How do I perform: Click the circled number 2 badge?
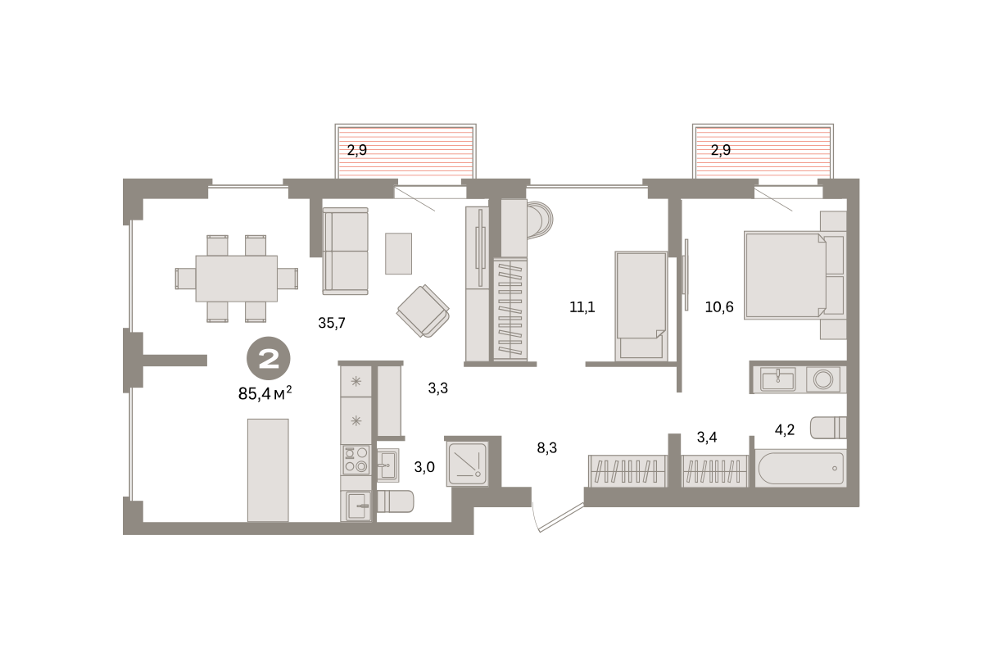click(x=269, y=358)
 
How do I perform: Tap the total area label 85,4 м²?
click(x=265, y=393)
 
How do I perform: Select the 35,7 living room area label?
click(x=332, y=323)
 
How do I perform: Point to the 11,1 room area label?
click(x=582, y=306)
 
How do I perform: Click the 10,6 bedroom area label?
click(x=719, y=306)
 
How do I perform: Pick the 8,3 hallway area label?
click(x=547, y=447)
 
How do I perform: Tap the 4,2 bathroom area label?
click(x=785, y=429)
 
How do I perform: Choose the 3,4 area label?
click(x=707, y=438)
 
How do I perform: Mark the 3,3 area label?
click(x=438, y=388)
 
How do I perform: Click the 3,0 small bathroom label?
click(x=424, y=467)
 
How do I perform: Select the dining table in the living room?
click(x=237, y=279)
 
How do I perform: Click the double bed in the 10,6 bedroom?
click(x=785, y=275)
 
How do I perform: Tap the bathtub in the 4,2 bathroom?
click(x=800, y=469)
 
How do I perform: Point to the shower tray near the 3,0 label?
click(x=468, y=464)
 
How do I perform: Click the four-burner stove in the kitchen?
click(x=356, y=460)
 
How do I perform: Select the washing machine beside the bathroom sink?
click(x=823, y=379)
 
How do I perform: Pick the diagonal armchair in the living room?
click(x=423, y=311)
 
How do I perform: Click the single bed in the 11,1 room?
click(x=641, y=306)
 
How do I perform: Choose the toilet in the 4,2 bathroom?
click(x=828, y=428)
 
